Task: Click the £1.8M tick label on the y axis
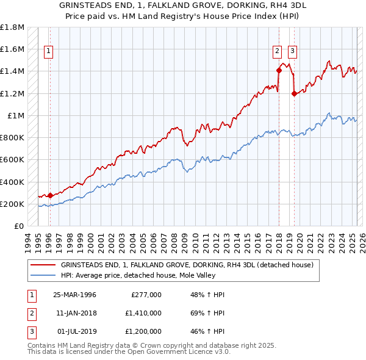click(x=13, y=27)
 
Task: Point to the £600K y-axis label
click(x=12, y=160)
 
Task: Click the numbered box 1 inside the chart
click(x=48, y=51)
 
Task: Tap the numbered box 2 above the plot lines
click(x=277, y=51)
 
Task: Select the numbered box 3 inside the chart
click(x=292, y=51)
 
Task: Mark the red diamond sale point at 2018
click(x=279, y=70)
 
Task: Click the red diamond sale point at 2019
click(x=294, y=93)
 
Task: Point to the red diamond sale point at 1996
click(x=50, y=195)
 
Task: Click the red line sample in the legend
click(x=43, y=265)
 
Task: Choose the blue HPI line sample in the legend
click(x=43, y=275)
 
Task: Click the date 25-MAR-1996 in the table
click(x=74, y=295)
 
